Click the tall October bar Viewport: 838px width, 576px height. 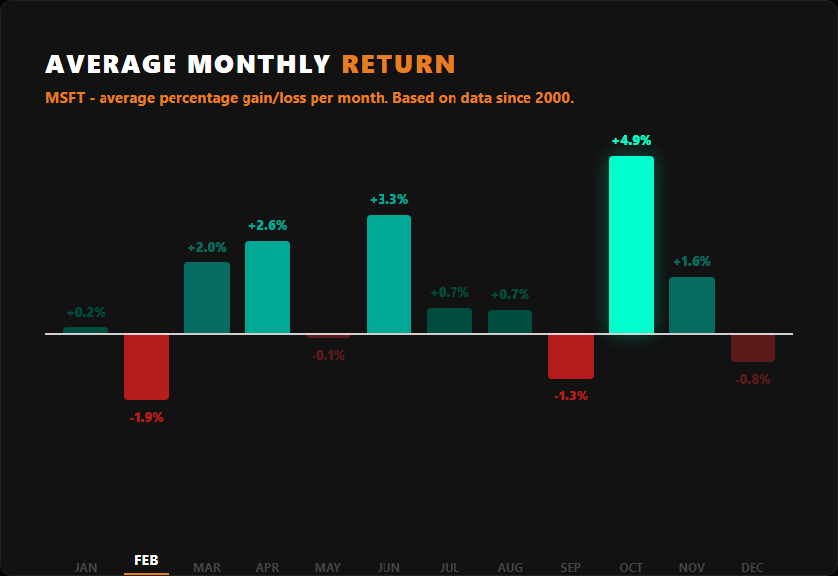(x=631, y=245)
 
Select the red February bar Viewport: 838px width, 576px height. (x=146, y=367)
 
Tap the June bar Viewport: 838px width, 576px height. (x=388, y=274)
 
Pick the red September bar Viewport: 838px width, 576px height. (x=571, y=356)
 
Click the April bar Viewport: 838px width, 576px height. (x=267, y=287)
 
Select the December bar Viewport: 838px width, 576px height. (x=752, y=348)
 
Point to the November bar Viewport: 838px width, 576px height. (x=691, y=306)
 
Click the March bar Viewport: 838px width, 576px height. (x=207, y=298)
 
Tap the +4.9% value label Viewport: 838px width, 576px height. (x=631, y=141)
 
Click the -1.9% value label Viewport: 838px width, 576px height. (x=146, y=417)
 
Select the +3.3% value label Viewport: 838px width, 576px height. (x=388, y=200)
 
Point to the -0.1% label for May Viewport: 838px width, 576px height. (x=328, y=355)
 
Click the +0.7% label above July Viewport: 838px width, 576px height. (x=450, y=293)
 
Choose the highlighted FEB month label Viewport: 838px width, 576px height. (x=146, y=561)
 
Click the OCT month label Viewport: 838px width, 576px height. (x=631, y=567)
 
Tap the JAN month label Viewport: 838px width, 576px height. (x=86, y=567)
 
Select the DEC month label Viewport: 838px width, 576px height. (x=752, y=567)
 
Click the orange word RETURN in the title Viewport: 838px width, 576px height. (x=398, y=65)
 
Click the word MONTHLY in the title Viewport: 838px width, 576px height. (x=259, y=65)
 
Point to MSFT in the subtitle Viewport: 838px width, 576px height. (x=63, y=99)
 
